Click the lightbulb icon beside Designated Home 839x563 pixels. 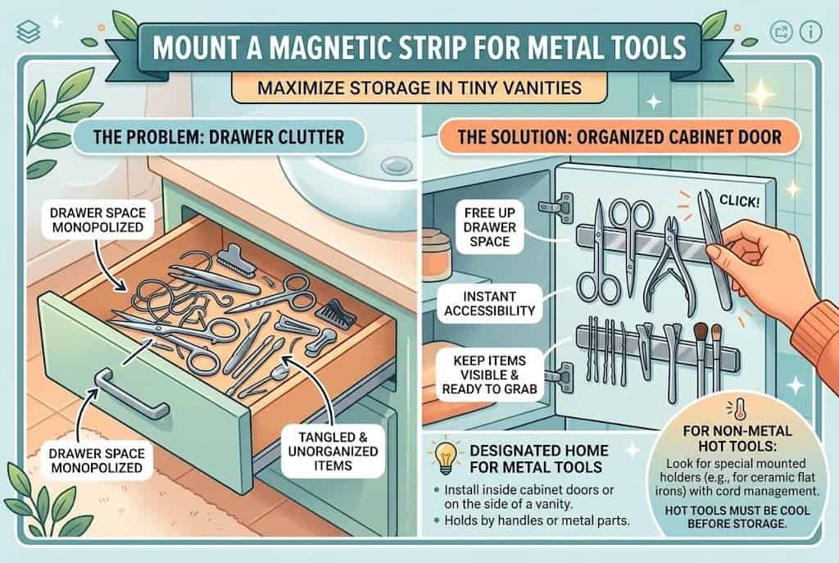pos(447,458)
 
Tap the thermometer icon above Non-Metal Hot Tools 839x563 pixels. pos(739,409)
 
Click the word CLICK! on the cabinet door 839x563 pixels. pos(739,202)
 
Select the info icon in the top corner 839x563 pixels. pos(810,32)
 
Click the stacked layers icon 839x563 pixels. pos(29,32)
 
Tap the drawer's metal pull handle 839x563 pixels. pos(130,393)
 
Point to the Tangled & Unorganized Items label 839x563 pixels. pos(333,452)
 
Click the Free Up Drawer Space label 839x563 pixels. pos(489,227)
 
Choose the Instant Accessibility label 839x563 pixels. pos(489,303)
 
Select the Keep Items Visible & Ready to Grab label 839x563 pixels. pos(489,375)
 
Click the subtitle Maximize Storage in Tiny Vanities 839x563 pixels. pos(419,87)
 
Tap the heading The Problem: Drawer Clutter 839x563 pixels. pos(218,137)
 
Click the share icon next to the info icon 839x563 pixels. pos(781,32)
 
